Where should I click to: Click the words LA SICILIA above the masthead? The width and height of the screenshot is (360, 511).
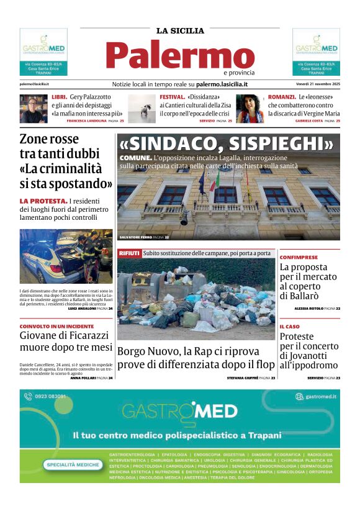pos(179,30)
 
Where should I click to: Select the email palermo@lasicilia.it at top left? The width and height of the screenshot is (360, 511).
pos(34,84)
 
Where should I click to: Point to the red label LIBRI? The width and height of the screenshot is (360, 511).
pos(60,97)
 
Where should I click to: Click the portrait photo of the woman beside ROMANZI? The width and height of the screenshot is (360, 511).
pos(250,109)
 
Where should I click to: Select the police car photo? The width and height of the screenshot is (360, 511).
pos(66,256)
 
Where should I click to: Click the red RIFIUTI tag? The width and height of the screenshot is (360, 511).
pos(129,253)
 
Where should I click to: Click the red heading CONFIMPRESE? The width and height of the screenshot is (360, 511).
pos(299,257)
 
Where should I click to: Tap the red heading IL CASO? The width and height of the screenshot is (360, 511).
pos(289,326)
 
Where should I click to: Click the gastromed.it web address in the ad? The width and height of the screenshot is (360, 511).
pos(320,396)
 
